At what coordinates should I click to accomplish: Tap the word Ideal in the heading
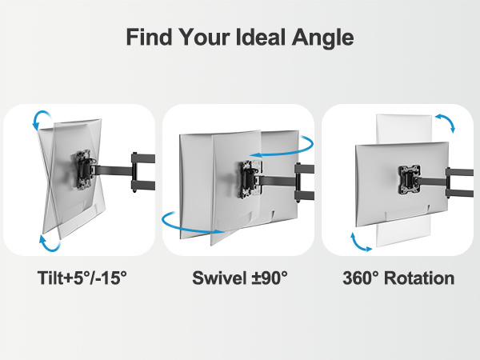[x=264, y=37]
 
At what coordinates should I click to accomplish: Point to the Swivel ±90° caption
[x=239, y=278]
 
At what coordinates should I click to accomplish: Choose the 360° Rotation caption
[x=398, y=278]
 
